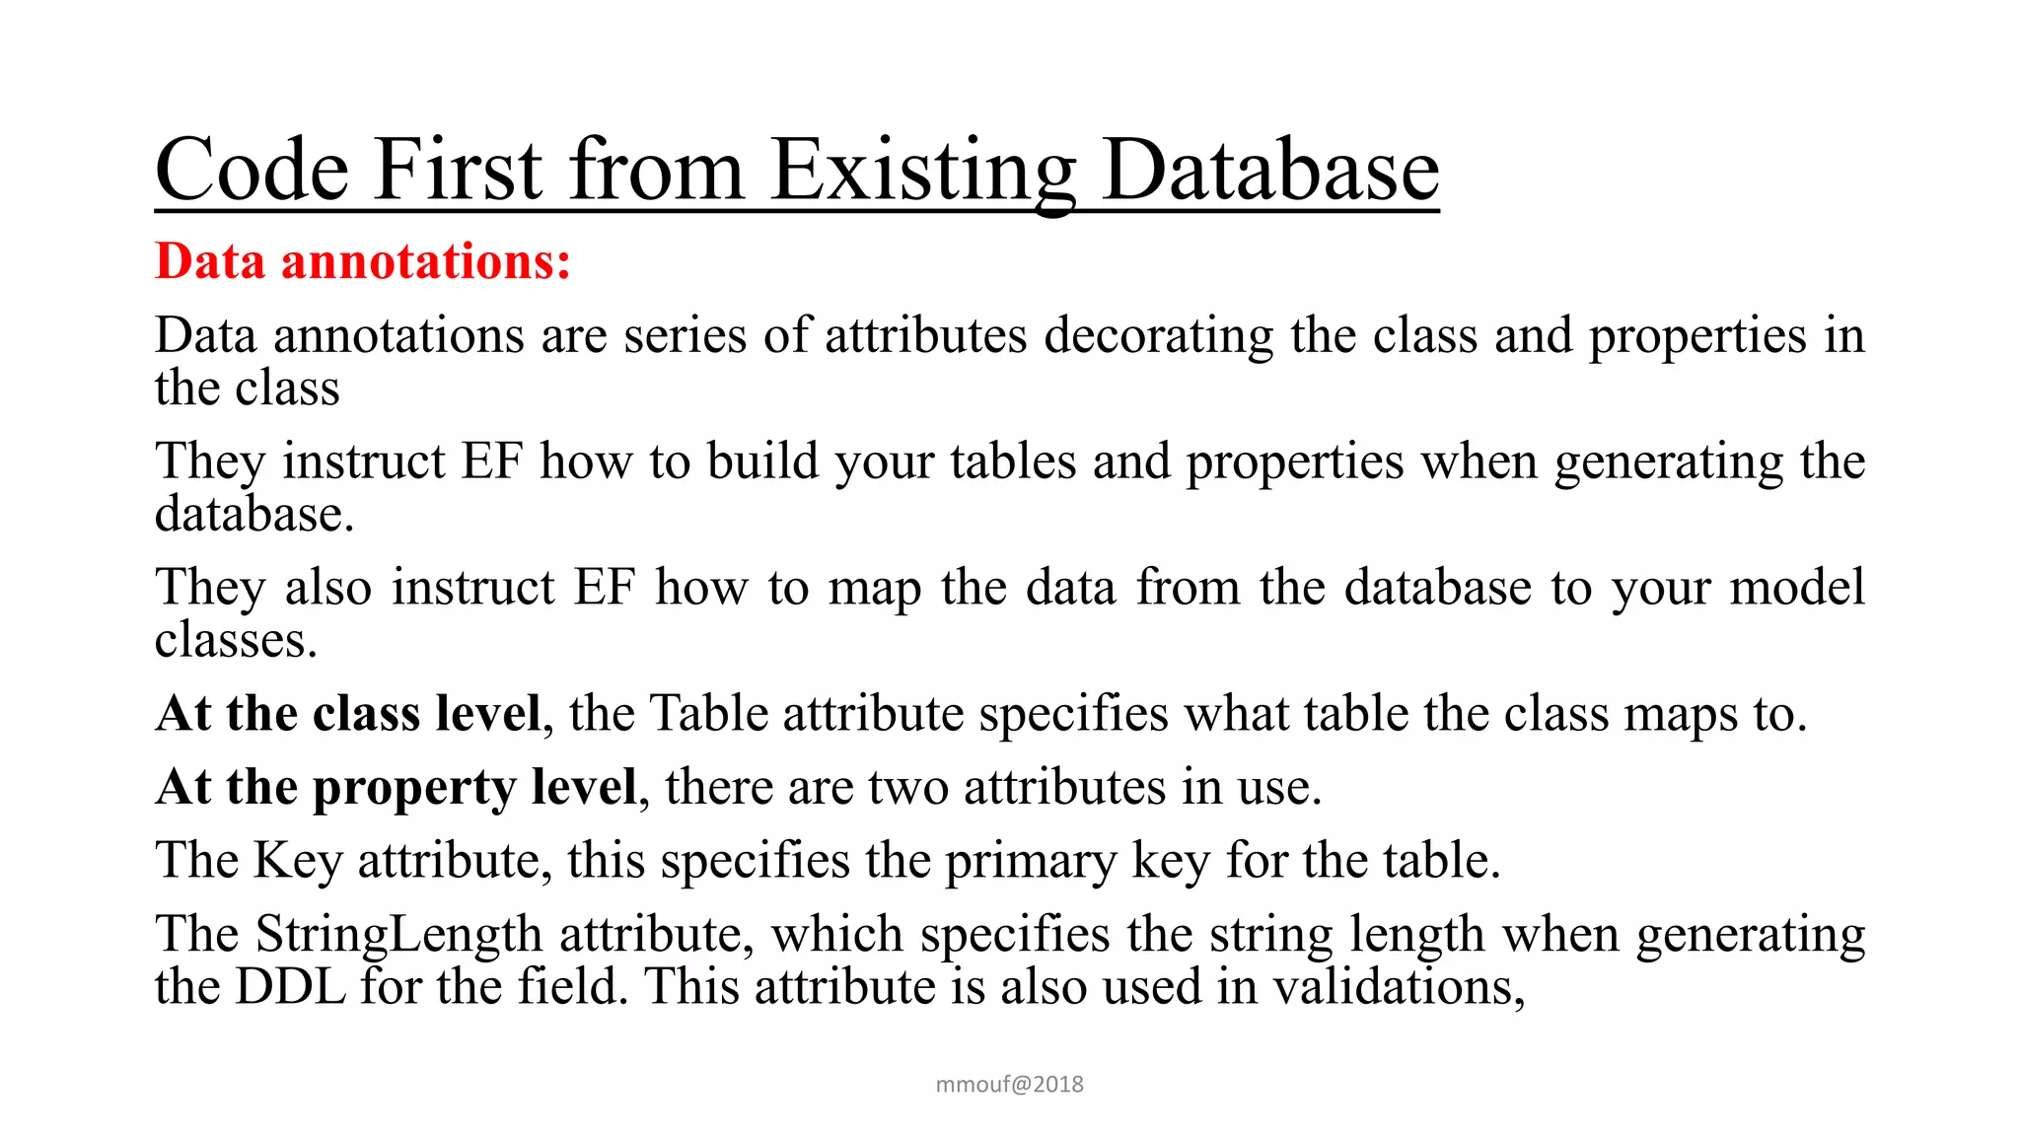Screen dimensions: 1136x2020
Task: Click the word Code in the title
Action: pyautogui.click(x=252, y=170)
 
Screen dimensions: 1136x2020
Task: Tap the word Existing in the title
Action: pyautogui.click(x=922, y=170)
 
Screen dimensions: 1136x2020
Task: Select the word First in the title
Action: pyautogui.click(x=458, y=170)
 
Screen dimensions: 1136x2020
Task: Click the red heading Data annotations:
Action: pyautogui.click(x=363, y=261)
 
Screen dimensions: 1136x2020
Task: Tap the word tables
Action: pyautogui.click(x=1013, y=461)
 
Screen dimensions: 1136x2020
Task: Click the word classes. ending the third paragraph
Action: pyautogui.click(x=236, y=640)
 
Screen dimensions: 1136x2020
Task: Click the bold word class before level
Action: pyautogui.click(x=366, y=713)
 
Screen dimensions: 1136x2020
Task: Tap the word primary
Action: pyautogui.click(x=1030, y=861)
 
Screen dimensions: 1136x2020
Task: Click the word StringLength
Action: pyautogui.click(x=398, y=934)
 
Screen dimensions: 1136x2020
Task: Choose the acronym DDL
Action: pyautogui.click(x=291, y=986)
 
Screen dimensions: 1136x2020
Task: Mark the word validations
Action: pyautogui.click(x=1399, y=986)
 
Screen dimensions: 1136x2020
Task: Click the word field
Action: pyautogui.click(x=573, y=986)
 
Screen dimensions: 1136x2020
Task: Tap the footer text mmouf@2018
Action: pyautogui.click(x=1009, y=1085)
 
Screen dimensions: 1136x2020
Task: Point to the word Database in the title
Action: pyautogui.click(x=1270, y=170)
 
